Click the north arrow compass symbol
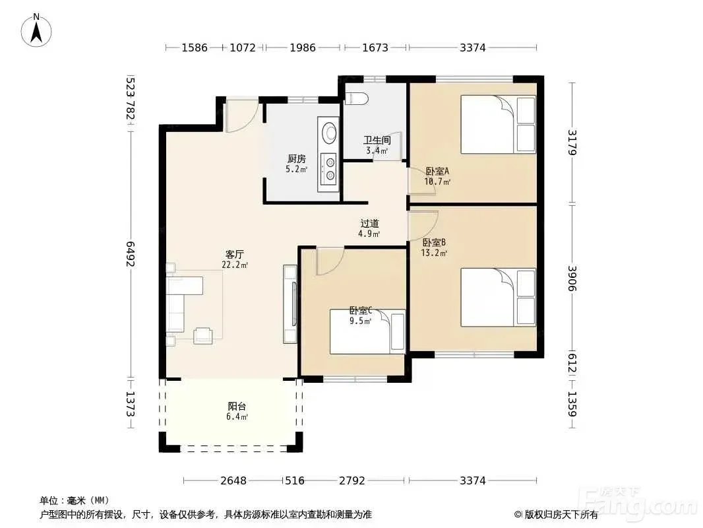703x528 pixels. pyautogui.click(x=36, y=30)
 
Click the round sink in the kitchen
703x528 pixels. pyautogui.click(x=330, y=132)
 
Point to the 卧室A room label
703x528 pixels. pyautogui.click(x=437, y=172)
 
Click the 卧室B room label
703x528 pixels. pyautogui.click(x=433, y=243)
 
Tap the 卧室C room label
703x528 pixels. pyautogui.click(x=361, y=310)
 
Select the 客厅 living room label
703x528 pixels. pyautogui.click(x=235, y=254)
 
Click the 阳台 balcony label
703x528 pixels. pyautogui.click(x=237, y=407)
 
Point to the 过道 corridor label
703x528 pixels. pyautogui.click(x=369, y=223)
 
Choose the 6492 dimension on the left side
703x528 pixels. pyautogui.click(x=130, y=254)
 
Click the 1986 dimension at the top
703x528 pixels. pyautogui.click(x=303, y=48)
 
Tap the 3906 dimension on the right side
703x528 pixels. pyautogui.click(x=572, y=278)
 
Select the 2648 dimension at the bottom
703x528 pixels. pyautogui.click(x=233, y=481)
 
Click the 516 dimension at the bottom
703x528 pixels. pyautogui.click(x=295, y=481)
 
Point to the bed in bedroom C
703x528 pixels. pyautogui.click(x=367, y=331)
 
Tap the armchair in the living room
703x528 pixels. pyautogui.click(x=204, y=335)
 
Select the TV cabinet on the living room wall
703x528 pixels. pyautogui.click(x=290, y=304)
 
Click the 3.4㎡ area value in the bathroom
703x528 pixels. pyautogui.click(x=377, y=150)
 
